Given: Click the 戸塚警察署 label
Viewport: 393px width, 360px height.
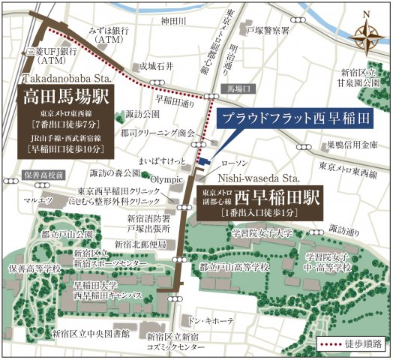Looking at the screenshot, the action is click(268, 31).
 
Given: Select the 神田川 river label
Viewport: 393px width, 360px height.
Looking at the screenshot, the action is click(174, 22).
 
